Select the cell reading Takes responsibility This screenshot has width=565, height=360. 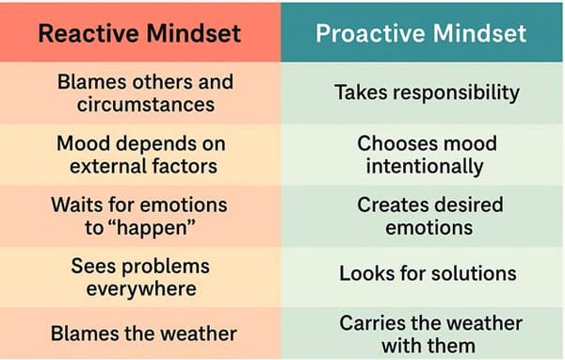click(428, 92)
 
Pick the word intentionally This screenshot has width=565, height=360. click(426, 168)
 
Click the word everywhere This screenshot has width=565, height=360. click(140, 287)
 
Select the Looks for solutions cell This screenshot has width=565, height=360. click(428, 274)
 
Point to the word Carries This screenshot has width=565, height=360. click(374, 322)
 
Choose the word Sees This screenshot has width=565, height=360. click(92, 265)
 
